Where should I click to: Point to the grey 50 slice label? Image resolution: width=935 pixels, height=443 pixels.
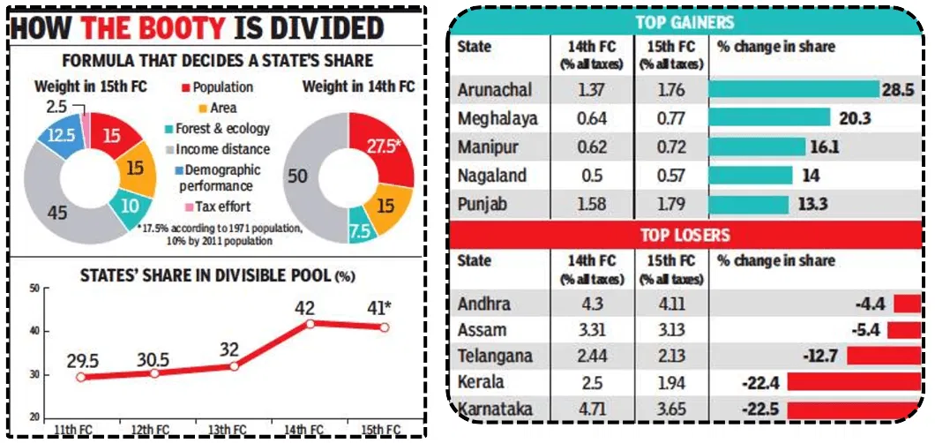[298, 176]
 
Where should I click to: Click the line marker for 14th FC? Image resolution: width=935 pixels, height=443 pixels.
[308, 324]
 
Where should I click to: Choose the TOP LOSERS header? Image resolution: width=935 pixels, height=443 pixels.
[684, 236]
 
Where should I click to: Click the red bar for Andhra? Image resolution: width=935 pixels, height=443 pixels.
[906, 304]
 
